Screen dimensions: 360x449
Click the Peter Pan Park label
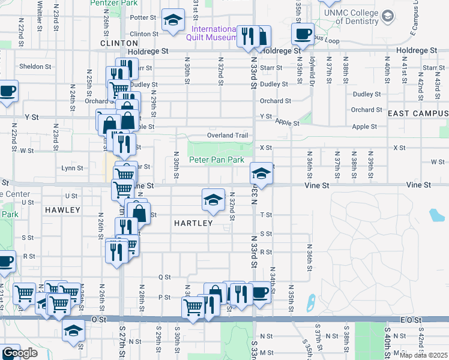(x=217, y=160)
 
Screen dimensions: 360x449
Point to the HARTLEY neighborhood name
(x=193, y=223)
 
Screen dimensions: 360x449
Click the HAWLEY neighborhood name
(x=62, y=210)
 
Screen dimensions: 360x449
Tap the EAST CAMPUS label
(x=418, y=113)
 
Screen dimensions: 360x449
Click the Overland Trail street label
(x=228, y=136)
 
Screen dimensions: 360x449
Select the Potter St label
(x=143, y=18)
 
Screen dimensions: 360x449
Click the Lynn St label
(x=72, y=169)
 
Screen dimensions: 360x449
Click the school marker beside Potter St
(x=173, y=21)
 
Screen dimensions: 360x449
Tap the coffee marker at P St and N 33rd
(x=260, y=292)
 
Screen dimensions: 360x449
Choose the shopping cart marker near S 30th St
(x=193, y=308)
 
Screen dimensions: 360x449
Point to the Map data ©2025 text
(x=423, y=355)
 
